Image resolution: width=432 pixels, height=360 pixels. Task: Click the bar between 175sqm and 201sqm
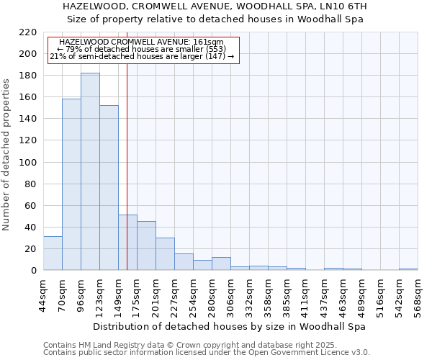[146, 246]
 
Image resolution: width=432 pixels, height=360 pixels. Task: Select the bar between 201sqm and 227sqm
[165, 254]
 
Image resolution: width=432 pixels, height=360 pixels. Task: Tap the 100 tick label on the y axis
[27, 163]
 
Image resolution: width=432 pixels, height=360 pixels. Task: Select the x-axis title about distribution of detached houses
[230, 326]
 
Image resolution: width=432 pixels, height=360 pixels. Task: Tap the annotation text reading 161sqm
[142, 42]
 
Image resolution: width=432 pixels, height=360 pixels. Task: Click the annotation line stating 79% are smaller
[142, 49]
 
